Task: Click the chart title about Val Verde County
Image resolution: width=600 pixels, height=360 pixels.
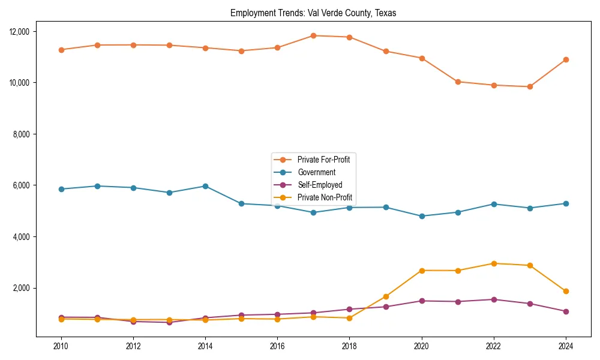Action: click(313, 13)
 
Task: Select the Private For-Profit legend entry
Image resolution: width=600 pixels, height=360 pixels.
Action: click(323, 160)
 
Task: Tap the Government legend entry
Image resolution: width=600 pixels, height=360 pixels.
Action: click(316, 172)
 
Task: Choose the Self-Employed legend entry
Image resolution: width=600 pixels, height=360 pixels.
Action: click(319, 185)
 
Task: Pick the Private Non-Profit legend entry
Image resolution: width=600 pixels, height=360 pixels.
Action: click(325, 197)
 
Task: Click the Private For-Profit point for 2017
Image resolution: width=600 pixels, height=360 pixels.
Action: click(313, 35)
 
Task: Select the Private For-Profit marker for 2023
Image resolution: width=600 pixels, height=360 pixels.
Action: click(530, 86)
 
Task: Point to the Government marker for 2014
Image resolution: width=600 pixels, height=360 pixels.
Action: click(205, 186)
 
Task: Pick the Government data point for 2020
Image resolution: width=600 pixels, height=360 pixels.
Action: click(422, 216)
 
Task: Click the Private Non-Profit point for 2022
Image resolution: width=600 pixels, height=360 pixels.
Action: click(494, 263)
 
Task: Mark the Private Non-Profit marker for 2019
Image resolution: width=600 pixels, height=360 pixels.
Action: click(386, 296)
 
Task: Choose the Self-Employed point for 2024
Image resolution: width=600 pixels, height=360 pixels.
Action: click(566, 311)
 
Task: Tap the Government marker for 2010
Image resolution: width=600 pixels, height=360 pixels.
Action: click(61, 189)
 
